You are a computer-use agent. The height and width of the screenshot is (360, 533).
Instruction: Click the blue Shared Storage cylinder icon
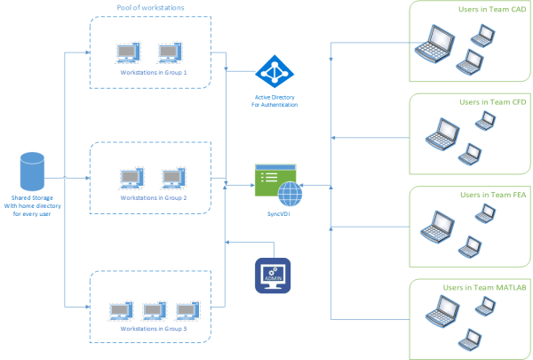(x=33, y=171)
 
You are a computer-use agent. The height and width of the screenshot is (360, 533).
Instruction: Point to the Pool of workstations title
(x=151, y=8)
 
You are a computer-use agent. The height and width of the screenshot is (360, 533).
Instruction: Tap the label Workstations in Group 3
(x=154, y=329)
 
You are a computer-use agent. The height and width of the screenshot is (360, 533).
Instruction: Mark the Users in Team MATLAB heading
(x=480, y=288)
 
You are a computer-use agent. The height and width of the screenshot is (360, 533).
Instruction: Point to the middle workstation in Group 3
(x=153, y=309)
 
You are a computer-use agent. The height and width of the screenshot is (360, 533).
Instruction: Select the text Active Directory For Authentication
(x=274, y=100)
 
